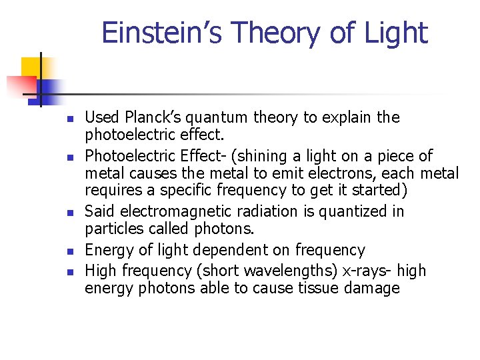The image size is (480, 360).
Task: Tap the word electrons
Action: click(343, 174)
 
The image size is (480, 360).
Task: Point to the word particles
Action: click(109, 229)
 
